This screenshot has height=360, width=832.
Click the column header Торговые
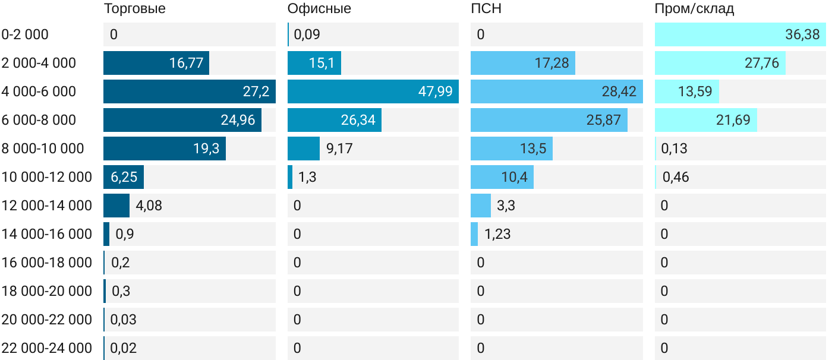pos(134,8)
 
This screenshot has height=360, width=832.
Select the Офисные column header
pos(319,8)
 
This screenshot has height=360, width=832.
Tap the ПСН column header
pos(482,8)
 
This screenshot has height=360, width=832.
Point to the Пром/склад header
pos(694,8)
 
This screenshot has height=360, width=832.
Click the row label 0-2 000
pos(25,34)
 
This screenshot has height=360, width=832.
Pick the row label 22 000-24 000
pos(47,348)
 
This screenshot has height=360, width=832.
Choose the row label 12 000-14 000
pos(47,206)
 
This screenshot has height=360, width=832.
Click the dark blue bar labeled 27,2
pos(189,91)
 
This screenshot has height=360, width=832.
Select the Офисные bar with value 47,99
pos(373,91)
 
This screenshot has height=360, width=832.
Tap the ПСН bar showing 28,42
pos(556,91)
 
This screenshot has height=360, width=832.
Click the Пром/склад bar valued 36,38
pos(740,34)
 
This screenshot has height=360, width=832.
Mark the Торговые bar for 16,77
pos(156,63)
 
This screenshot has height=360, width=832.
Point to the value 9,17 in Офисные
pos(339,149)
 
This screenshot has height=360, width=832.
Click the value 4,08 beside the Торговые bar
pos(149,206)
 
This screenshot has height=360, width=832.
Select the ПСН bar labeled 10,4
pos(502,177)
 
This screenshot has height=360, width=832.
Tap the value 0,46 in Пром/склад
pos(675,177)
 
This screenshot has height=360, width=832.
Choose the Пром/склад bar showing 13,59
pos(686,91)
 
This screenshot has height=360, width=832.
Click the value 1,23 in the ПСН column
pos(497,234)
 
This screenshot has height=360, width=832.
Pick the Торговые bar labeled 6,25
pos(123,177)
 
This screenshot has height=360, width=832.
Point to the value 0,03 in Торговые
pos(123,320)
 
